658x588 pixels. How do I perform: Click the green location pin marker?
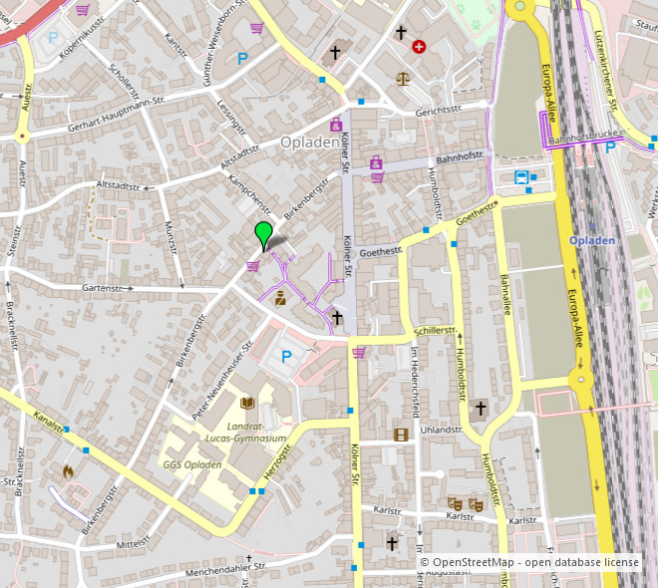click(x=263, y=235)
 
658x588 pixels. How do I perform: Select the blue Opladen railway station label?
click(x=594, y=240)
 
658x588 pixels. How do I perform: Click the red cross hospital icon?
click(x=419, y=46)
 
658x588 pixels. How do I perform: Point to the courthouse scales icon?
click(x=403, y=78)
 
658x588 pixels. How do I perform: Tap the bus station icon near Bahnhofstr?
click(x=521, y=177)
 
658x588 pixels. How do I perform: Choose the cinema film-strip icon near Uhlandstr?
click(x=401, y=434)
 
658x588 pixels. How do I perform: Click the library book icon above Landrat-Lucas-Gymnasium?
click(x=248, y=404)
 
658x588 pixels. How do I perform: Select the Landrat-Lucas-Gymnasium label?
click(x=245, y=432)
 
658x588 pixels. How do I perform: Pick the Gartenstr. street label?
click(x=109, y=287)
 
